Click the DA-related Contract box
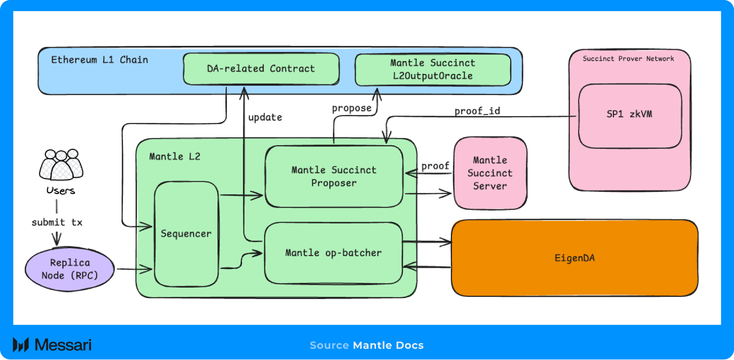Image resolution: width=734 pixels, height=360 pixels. (x=261, y=69)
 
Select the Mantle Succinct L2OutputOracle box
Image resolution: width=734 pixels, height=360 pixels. (x=433, y=70)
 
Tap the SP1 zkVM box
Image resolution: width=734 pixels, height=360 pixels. (x=629, y=115)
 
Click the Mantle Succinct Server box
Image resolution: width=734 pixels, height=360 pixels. (x=490, y=173)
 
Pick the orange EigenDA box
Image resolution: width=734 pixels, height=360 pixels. (x=574, y=258)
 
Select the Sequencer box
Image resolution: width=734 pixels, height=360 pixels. (x=186, y=234)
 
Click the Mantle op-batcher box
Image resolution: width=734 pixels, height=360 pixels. (x=333, y=253)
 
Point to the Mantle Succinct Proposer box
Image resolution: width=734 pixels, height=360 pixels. (x=334, y=177)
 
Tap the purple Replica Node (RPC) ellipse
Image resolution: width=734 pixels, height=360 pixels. (x=70, y=269)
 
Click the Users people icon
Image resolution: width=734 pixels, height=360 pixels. (x=61, y=165)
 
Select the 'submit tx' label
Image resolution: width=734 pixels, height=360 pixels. (x=57, y=222)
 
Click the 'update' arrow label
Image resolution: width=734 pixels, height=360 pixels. (x=265, y=118)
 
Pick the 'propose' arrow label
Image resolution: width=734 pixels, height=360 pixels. (x=351, y=108)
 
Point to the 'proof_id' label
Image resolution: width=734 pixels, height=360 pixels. (x=477, y=111)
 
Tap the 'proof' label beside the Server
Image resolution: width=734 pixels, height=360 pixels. (x=435, y=166)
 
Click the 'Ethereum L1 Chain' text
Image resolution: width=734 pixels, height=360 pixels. (x=100, y=60)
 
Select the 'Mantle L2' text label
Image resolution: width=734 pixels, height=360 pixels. (x=175, y=157)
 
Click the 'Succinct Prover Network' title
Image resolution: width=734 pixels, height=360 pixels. (x=628, y=59)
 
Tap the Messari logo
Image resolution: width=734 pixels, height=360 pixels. (x=52, y=345)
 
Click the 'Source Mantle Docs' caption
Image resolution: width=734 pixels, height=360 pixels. (x=366, y=345)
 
